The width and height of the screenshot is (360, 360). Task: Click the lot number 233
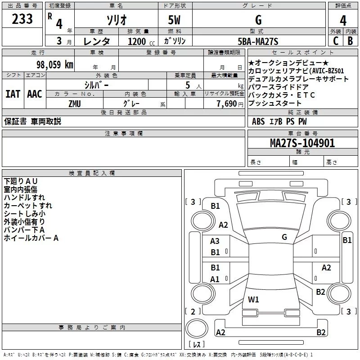click(22, 19)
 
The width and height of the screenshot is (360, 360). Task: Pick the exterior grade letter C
click(335, 41)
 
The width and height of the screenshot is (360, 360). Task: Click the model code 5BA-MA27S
click(258, 41)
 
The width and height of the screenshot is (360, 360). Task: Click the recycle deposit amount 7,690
click(227, 103)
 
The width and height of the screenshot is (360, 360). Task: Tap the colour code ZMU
click(75, 103)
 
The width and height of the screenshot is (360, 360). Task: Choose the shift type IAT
click(13, 94)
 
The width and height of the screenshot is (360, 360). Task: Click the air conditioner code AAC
click(34, 94)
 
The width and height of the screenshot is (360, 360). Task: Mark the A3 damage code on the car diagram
click(215, 241)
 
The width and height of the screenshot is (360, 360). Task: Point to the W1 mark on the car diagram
click(253, 299)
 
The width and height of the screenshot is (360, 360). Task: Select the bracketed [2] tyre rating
click(193, 311)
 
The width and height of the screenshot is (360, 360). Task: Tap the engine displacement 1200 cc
click(138, 41)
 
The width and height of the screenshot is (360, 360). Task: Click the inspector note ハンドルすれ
click(24, 197)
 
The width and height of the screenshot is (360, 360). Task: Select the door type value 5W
click(175, 20)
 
